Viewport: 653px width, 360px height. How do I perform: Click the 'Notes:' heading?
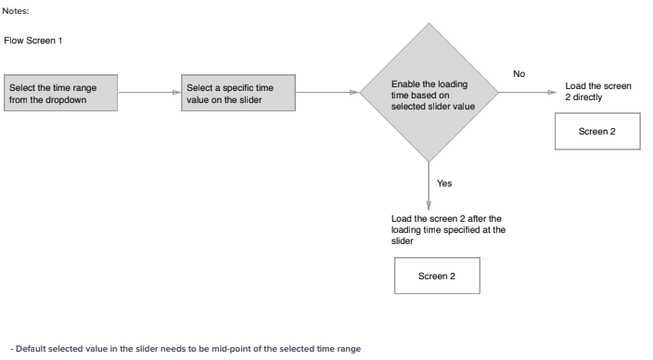(16, 11)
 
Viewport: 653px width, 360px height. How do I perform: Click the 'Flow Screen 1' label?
(32, 42)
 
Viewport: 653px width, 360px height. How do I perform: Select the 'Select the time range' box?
(62, 93)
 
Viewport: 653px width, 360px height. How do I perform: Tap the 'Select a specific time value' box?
(239, 93)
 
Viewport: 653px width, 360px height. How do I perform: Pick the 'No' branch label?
(519, 73)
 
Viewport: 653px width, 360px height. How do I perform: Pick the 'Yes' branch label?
(444, 183)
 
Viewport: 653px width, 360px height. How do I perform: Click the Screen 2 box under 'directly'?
(596, 131)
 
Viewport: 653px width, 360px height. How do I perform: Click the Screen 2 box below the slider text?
(436, 276)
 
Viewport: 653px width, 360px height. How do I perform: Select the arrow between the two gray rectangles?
(148, 93)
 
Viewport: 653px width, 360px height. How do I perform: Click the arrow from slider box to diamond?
(326, 93)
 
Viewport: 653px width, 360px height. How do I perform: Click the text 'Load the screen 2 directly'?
(597, 91)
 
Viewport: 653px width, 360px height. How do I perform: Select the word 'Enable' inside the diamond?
(407, 84)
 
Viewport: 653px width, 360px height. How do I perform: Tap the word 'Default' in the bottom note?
(24, 348)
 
